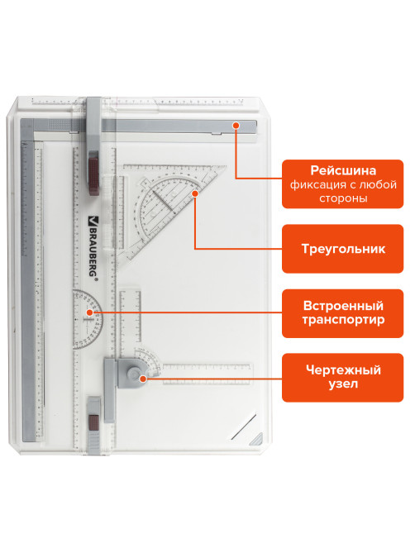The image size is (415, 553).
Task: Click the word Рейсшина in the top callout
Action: tap(343, 171)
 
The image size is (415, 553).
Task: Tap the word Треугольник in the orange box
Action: tap(343, 249)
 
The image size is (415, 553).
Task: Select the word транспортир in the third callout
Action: tap(343, 320)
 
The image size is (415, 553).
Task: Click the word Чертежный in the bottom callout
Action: tap(343, 370)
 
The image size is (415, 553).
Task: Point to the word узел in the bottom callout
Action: tap(343, 384)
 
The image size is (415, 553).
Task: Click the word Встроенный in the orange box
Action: tap(343, 305)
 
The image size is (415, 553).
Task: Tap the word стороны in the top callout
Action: tap(343, 198)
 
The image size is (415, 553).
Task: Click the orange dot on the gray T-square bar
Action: tap(236, 125)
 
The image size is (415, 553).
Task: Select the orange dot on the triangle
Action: tap(195, 193)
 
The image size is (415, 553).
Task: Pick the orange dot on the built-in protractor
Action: tap(89, 312)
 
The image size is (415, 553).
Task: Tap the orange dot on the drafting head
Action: tap(143, 379)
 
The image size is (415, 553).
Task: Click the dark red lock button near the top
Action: tap(93, 173)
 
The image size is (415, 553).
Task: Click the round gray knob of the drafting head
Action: tap(134, 374)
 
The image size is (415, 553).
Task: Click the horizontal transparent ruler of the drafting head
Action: tap(207, 374)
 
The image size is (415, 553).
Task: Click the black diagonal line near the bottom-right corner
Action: tap(243, 427)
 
